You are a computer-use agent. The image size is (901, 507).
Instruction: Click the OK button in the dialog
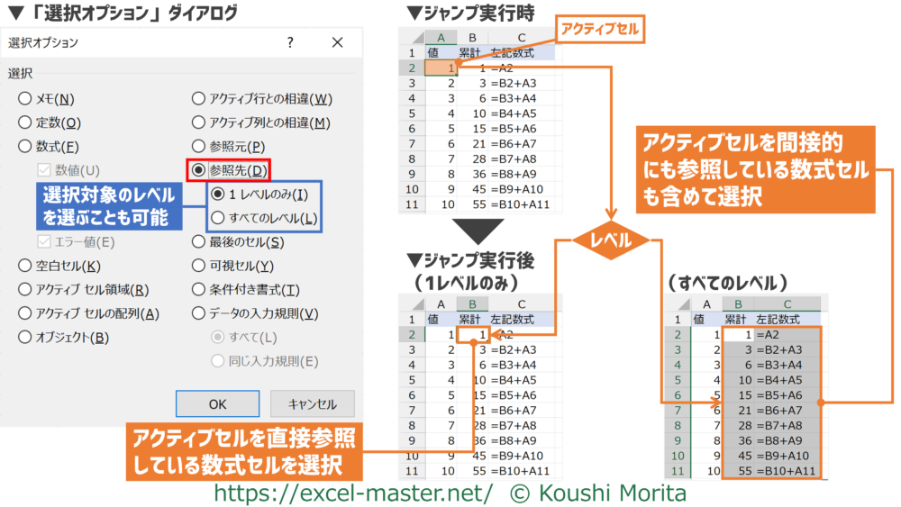coord(217,403)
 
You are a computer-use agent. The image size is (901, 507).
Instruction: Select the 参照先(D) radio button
coord(198,170)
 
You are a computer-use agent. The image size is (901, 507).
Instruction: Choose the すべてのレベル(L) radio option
coord(217,218)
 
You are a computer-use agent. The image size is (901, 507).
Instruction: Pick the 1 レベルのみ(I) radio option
coord(217,195)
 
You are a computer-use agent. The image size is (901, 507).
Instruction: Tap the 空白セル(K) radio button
coord(24,266)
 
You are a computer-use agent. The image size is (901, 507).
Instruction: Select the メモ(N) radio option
coord(24,99)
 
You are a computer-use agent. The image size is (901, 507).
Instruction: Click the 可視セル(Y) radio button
coord(198,266)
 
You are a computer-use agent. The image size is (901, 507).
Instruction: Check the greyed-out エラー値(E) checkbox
coord(44,241)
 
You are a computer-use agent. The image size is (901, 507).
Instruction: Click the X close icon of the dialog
coord(337,42)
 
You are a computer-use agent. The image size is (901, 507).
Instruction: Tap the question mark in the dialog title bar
coord(290,42)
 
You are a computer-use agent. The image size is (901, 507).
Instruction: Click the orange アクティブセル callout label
coord(600,29)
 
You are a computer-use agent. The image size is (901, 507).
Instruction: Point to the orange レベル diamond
coord(611,240)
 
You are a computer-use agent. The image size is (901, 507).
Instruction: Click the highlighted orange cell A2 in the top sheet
coord(441,68)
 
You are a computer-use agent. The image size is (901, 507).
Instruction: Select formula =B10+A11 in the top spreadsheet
coord(520,204)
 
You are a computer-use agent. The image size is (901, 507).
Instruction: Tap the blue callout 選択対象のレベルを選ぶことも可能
coord(109,206)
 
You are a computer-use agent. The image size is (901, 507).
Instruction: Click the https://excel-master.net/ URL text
coord(353,493)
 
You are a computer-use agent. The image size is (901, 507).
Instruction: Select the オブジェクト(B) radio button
coord(24,337)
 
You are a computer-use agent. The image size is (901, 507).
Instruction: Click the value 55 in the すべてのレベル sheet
coord(745,471)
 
